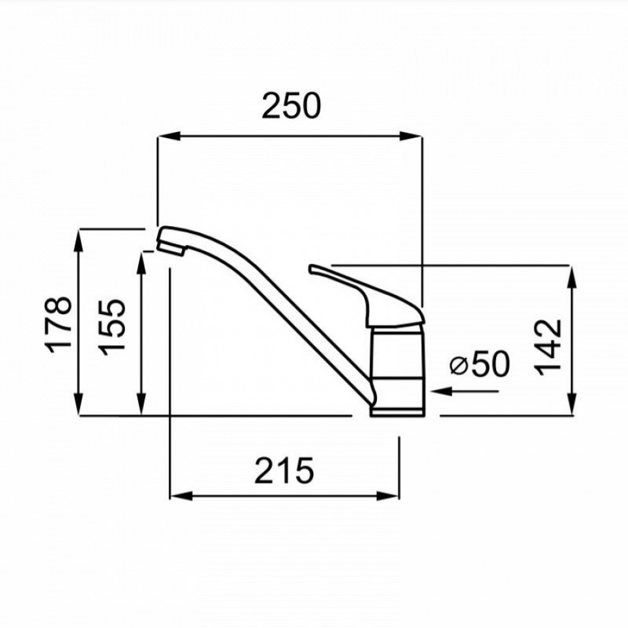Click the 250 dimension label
pyautogui.click(x=291, y=106)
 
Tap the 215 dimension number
pyautogui.click(x=284, y=470)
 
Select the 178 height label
pyautogui.click(x=59, y=324)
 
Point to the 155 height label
pyautogui.click(x=112, y=327)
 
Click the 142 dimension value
pyautogui.click(x=549, y=347)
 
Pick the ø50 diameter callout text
pyautogui.click(x=480, y=363)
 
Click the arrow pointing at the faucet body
pyautogui.click(x=465, y=391)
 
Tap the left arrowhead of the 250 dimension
pyautogui.click(x=169, y=136)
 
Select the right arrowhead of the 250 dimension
pyautogui.click(x=411, y=136)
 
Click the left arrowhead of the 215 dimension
pyautogui.click(x=182, y=496)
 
